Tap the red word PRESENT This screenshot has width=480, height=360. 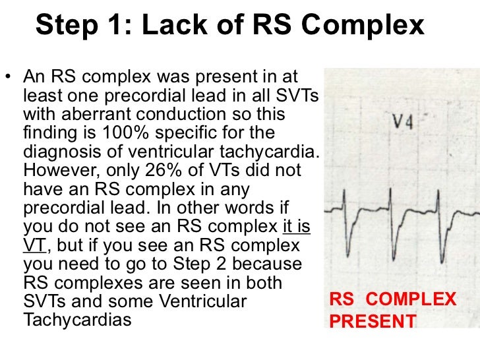click(x=373, y=322)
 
